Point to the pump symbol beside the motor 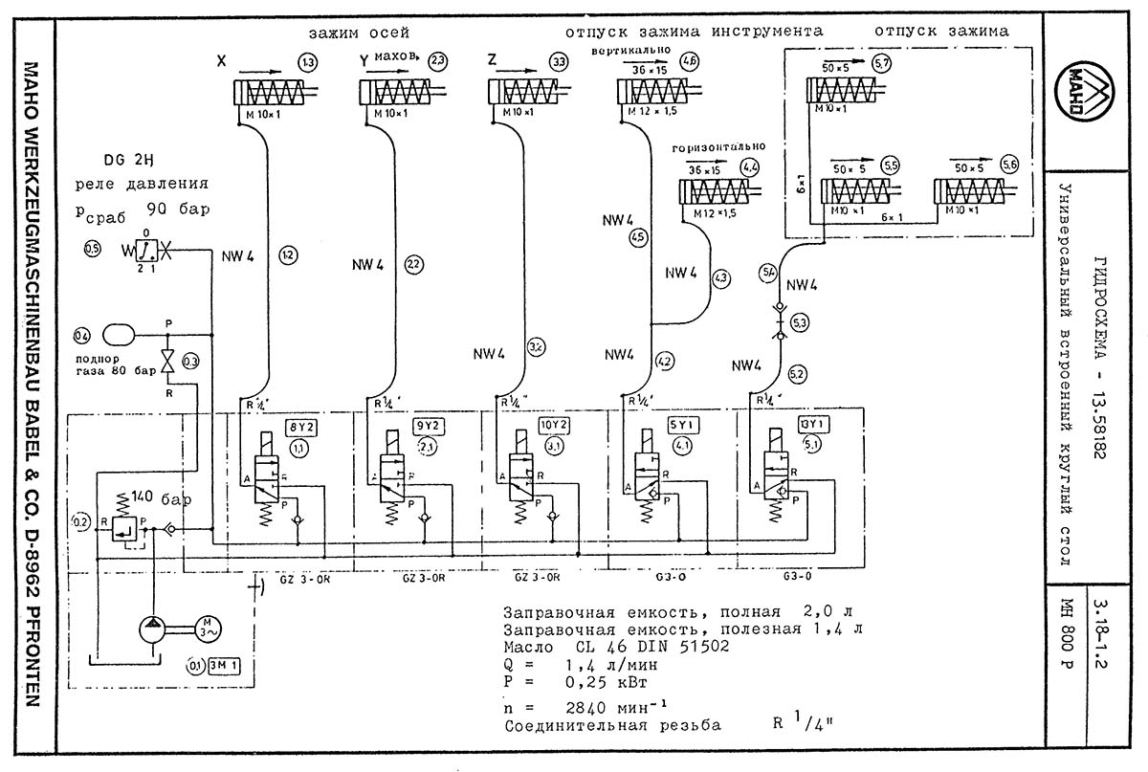coord(152,629)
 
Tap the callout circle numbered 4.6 coord(689,62)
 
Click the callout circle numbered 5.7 coord(881,63)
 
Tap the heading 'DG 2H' coord(125,159)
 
